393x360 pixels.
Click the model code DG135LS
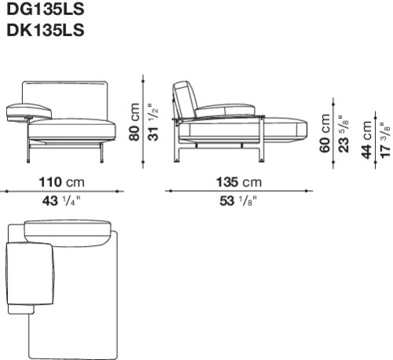tap(46, 9)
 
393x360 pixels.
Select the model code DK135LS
tap(46, 30)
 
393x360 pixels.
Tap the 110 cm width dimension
tap(62, 182)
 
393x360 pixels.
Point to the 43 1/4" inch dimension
tap(61, 201)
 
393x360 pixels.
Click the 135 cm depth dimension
tap(239, 182)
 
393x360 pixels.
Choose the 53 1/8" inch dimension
tap(238, 201)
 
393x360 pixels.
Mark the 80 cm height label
tap(134, 122)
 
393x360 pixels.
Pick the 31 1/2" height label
tap(153, 122)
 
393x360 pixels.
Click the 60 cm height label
tap(325, 133)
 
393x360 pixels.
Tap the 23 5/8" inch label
tap(343, 133)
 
